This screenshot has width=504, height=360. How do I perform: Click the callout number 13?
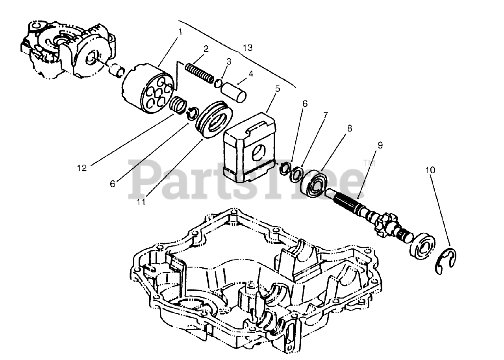point(247,48)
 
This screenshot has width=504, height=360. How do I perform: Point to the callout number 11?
point(141,202)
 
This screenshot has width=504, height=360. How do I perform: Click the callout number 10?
point(430,170)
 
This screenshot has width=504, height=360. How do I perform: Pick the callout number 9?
point(380,145)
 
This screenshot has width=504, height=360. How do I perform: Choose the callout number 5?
point(278,89)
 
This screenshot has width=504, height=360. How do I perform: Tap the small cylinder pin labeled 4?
point(233,92)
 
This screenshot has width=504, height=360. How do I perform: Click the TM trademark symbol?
point(367,162)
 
